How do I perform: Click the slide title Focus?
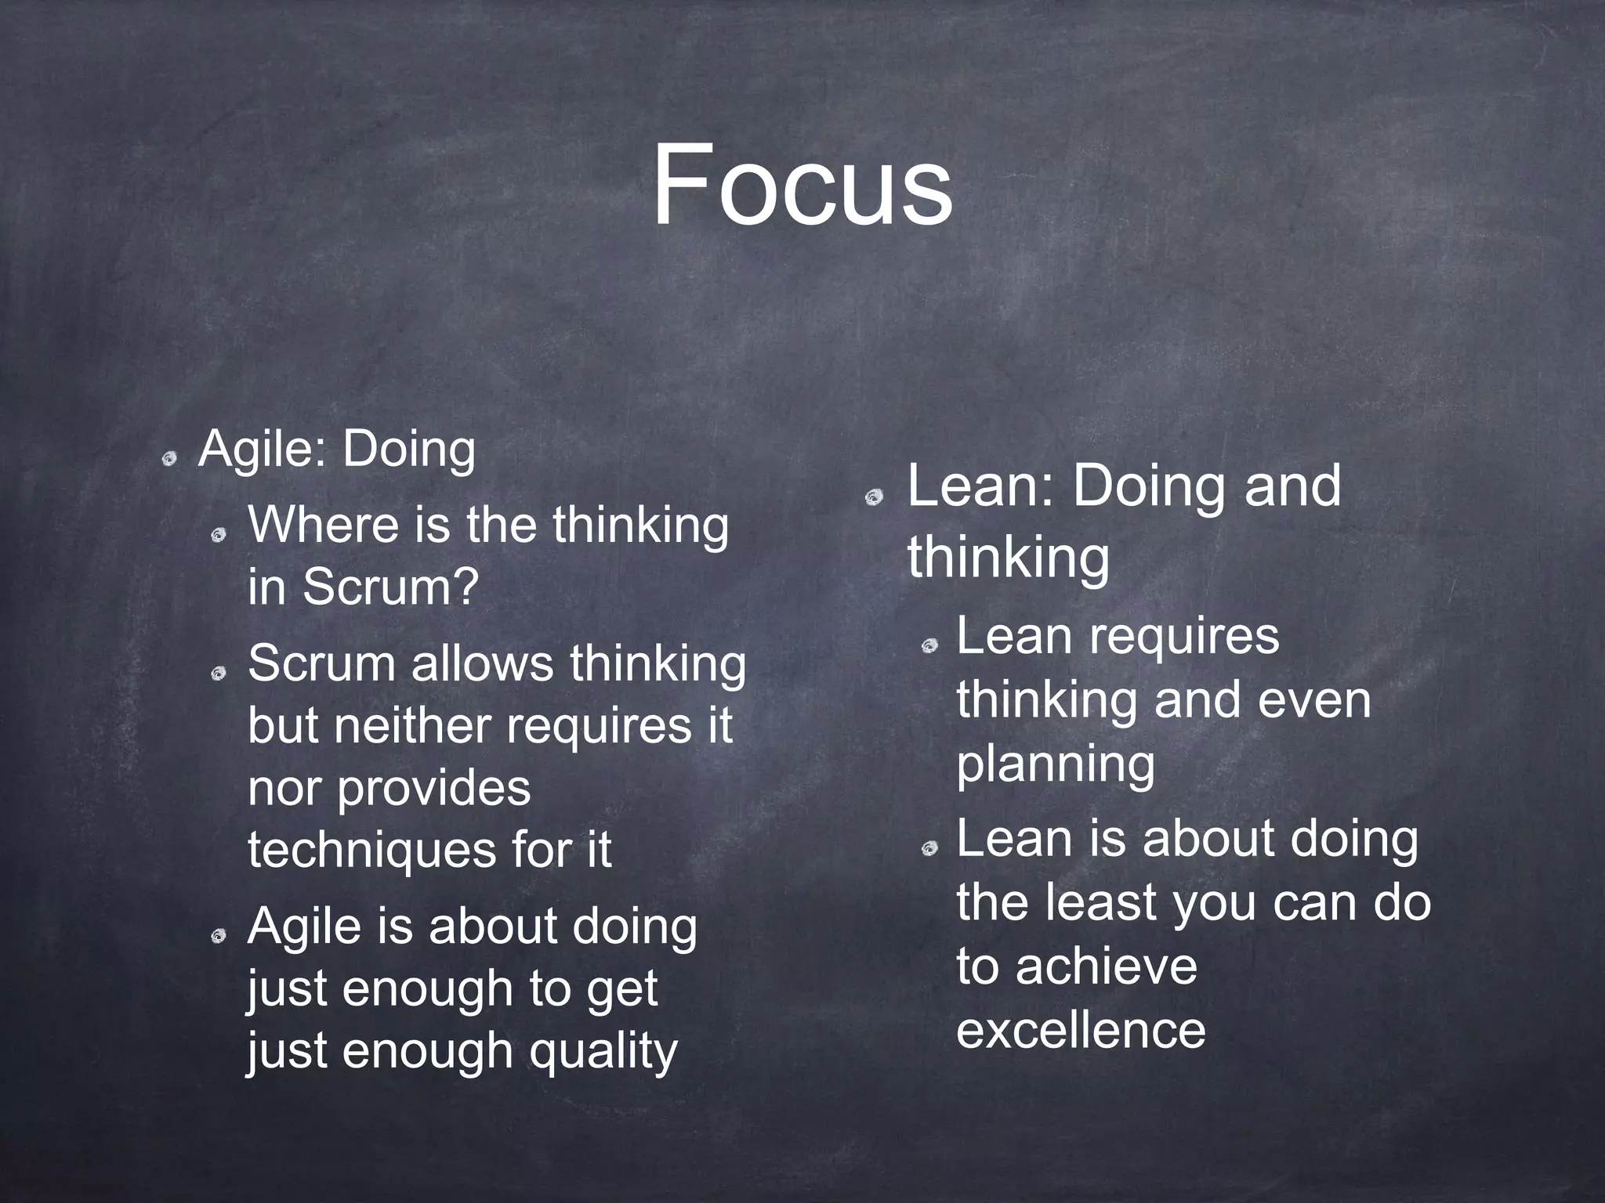(x=802, y=185)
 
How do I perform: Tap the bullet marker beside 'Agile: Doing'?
(x=168, y=459)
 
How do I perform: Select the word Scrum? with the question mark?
(x=389, y=586)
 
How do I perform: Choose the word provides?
(x=433, y=788)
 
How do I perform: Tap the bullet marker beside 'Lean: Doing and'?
(x=874, y=497)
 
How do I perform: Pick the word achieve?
(x=1107, y=966)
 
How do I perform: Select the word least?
(x=1102, y=902)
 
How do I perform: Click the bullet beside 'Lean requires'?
(x=929, y=645)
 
